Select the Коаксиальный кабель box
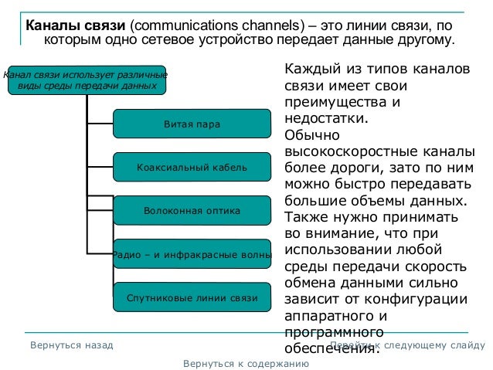192,167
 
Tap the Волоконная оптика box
192,210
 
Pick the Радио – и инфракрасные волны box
192,253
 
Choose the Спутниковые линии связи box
192,297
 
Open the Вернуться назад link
72,345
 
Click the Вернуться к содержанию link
240,362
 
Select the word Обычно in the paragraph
311,134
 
